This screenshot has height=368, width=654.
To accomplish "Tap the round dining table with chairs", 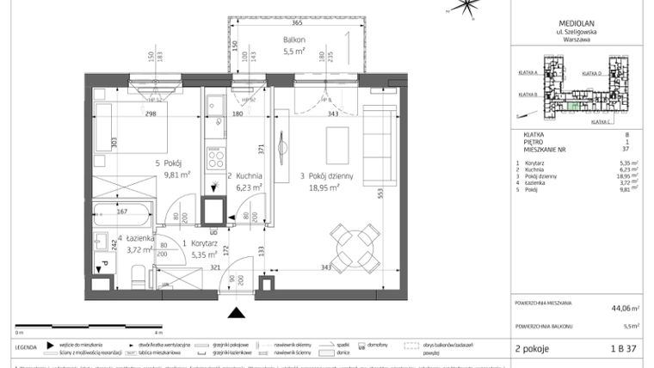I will pyautogui.click(x=355, y=240).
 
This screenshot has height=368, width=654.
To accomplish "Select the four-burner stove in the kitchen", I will pyautogui.click(x=214, y=160).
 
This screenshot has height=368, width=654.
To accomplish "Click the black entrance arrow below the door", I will pyautogui.click(x=235, y=312).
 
